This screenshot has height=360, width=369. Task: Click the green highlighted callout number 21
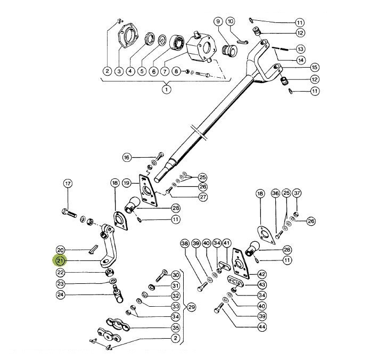pyautogui.click(x=60, y=261)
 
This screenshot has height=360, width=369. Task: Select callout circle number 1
pyautogui.click(x=166, y=89)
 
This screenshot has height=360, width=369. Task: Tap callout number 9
pyautogui.click(x=218, y=21)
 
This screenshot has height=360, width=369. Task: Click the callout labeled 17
pyautogui.click(x=68, y=184)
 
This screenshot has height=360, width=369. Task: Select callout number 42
pyautogui.click(x=262, y=274)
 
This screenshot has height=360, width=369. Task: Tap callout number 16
pyautogui.click(x=126, y=158)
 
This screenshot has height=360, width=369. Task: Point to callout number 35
pyautogui.click(x=176, y=328)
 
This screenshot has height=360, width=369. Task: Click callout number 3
pyautogui.click(x=119, y=71)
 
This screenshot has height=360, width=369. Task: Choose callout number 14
pyautogui.click(x=301, y=60)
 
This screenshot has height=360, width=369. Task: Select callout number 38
pyautogui.click(x=185, y=244)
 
